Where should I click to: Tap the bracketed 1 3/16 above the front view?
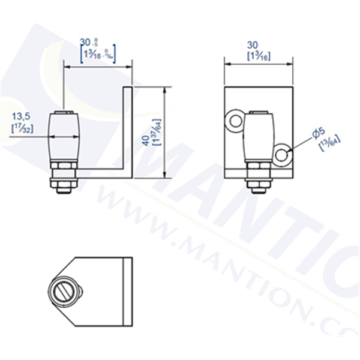(x=257, y=55)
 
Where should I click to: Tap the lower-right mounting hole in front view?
(x=283, y=155)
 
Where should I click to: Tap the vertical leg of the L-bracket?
(x=127, y=129)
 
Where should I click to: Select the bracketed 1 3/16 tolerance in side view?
(x=97, y=55)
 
